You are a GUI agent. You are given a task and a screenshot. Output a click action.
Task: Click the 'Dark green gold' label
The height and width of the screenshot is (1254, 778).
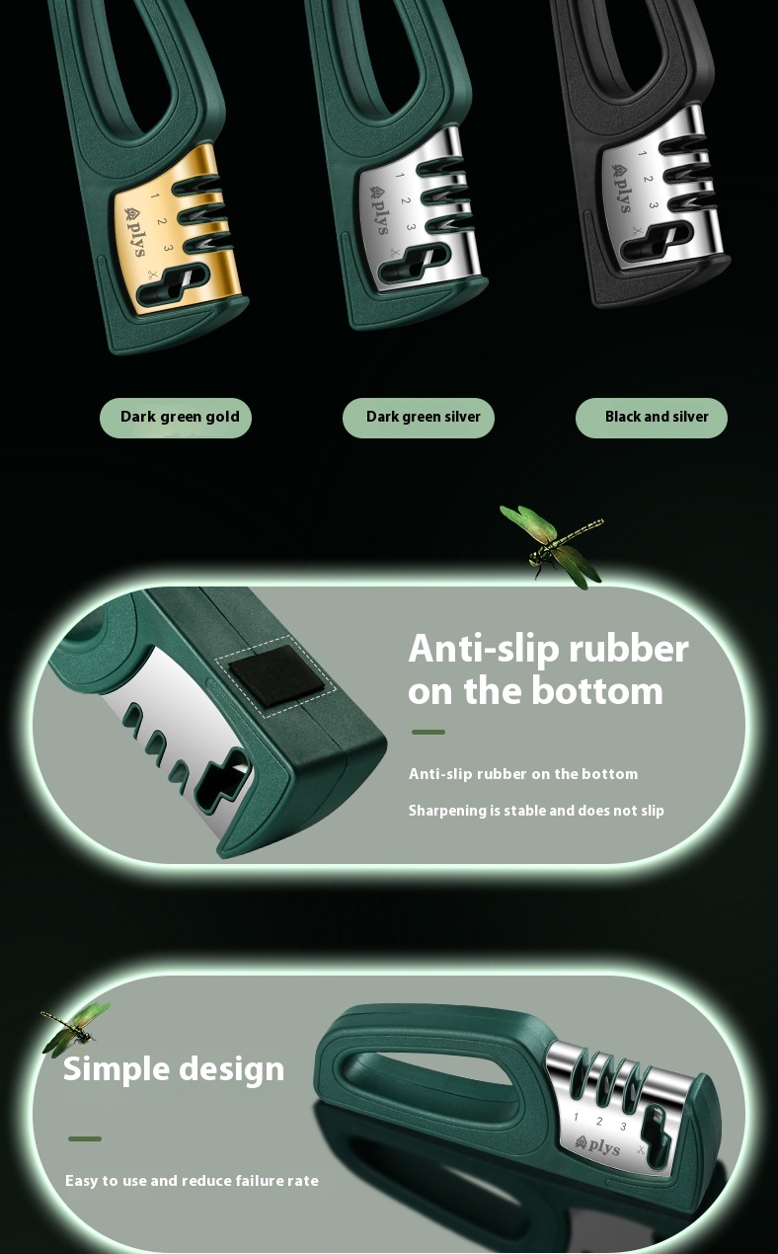point(176,418)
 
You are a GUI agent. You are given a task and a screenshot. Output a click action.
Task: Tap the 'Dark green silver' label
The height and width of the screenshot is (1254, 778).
point(419,418)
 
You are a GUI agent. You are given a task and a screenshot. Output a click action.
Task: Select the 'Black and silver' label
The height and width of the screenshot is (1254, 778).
point(652,418)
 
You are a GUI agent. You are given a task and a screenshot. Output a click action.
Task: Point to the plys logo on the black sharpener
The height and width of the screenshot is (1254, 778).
point(622,188)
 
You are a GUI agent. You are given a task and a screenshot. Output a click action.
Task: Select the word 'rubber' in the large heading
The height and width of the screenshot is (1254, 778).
point(629,650)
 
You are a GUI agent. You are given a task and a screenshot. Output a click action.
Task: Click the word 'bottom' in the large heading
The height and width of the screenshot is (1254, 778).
point(597,691)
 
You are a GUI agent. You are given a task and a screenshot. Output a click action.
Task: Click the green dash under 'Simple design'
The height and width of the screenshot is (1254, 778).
point(85,1138)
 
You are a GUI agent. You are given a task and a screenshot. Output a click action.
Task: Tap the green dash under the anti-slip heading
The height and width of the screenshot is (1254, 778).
point(428,732)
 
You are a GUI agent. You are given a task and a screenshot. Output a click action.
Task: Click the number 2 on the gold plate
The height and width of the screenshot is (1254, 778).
point(162,222)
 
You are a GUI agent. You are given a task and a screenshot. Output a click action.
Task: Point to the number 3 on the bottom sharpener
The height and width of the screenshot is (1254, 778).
point(623,1126)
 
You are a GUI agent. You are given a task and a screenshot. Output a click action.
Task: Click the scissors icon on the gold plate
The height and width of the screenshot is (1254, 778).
point(152,274)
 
